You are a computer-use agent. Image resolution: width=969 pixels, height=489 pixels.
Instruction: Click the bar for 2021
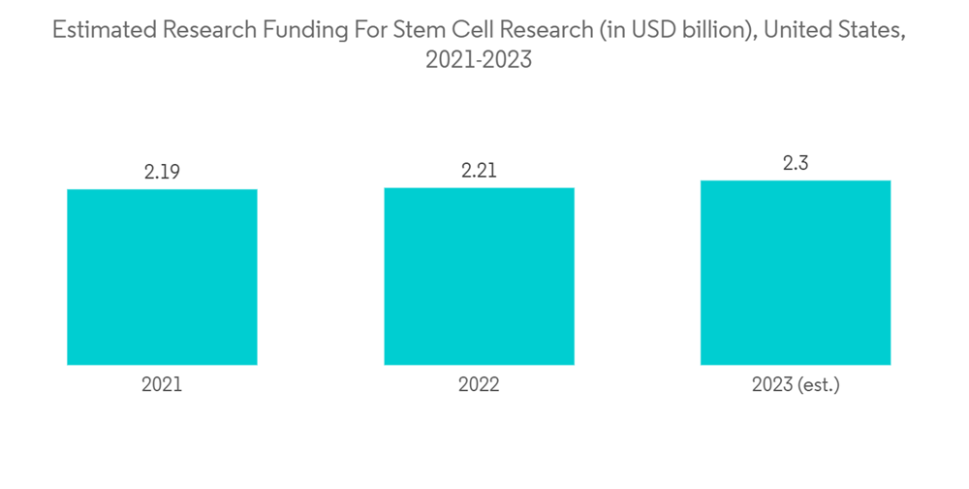pos(162,277)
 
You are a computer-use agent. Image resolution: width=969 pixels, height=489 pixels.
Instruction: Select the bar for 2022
pos(479,276)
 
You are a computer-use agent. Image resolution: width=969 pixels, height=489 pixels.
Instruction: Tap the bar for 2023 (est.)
pos(796,273)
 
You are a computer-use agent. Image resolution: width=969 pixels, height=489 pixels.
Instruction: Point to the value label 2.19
pos(162,173)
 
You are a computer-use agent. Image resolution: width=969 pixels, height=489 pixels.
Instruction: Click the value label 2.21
pos(479,171)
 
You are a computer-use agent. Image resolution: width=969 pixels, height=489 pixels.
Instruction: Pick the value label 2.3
pos(796,164)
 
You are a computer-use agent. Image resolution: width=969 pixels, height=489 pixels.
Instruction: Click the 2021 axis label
pos(162,385)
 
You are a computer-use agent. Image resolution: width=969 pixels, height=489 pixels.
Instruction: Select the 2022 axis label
pos(479,385)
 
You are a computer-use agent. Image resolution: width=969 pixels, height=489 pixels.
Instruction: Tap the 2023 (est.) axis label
pos(796,385)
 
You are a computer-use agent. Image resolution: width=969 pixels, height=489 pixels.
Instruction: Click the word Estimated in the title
pos(100,30)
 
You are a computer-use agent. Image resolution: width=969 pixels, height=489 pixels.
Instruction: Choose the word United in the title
pos(797,30)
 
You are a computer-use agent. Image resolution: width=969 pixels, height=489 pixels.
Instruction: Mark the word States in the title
pos(872,30)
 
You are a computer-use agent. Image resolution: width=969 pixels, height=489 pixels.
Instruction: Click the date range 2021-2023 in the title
pos(479,60)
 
